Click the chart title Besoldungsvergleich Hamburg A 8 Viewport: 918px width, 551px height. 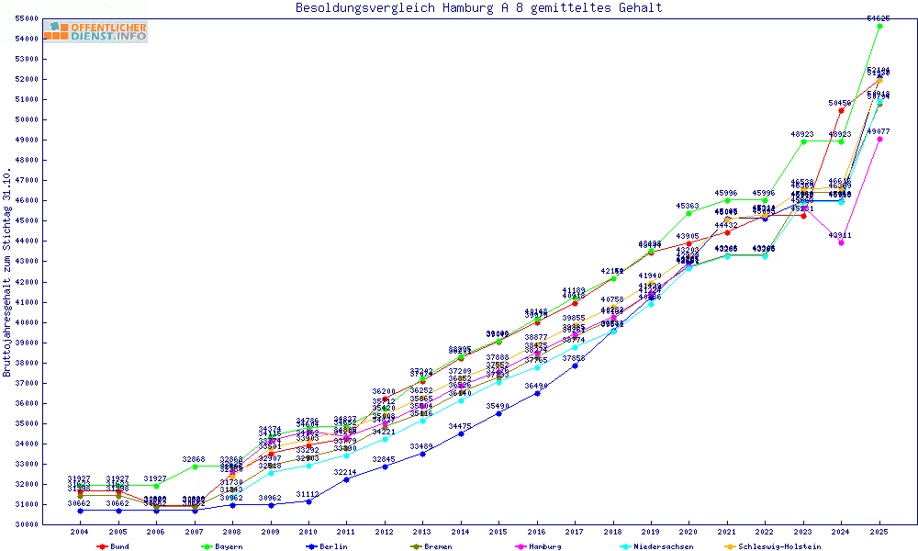(478, 8)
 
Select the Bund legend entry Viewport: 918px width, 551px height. (114, 546)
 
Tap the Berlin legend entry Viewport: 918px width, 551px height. (330, 546)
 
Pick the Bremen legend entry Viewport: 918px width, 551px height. (432, 546)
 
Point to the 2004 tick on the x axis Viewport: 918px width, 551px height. (81, 532)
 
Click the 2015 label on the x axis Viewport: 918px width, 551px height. (498, 532)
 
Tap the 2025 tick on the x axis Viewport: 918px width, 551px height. (879, 532)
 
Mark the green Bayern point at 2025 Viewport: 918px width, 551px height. (879, 26)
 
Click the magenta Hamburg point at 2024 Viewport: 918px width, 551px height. (841, 242)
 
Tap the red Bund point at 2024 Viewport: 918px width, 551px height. (841, 110)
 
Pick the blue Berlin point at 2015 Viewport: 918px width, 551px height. (498, 413)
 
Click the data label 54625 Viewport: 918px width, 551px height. (879, 18)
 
